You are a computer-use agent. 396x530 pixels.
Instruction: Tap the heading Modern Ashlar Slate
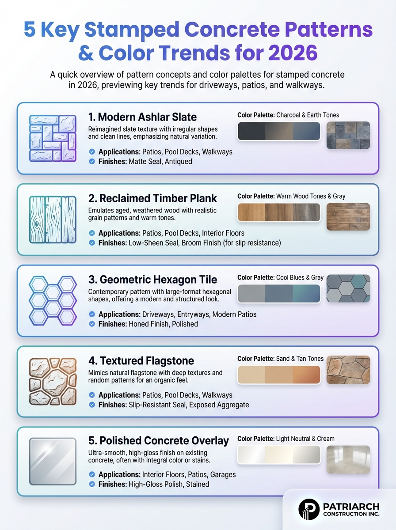pos(142,117)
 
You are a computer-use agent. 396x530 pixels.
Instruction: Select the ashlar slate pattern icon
pos(53,138)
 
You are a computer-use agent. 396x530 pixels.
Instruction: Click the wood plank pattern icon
pos(53,219)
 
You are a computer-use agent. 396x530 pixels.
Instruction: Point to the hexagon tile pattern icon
pos(53,301)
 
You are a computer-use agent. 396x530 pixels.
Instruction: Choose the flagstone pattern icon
pos(53,382)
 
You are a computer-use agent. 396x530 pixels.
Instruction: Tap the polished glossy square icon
pos(53,462)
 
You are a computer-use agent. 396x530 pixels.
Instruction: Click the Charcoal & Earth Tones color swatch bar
pos(279,131)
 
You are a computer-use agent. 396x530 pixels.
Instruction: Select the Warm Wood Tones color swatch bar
pos(279,212)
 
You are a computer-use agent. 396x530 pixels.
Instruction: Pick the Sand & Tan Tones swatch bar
pos(279,375)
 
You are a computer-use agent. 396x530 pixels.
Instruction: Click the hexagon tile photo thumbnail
pos(348,288)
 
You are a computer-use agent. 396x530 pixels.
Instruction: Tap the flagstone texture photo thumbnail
pos(348,370)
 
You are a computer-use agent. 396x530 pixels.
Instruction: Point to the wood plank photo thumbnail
pos(348,216)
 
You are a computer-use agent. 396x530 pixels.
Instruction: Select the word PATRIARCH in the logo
pos(351,506)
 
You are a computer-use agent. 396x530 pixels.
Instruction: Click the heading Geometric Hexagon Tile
pos(152,280)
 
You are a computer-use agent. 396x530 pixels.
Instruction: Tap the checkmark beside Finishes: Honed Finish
pos(92,324)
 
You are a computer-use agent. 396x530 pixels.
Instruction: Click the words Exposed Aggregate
pos(219,405)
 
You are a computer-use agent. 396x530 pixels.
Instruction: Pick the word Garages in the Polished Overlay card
pos(223,475)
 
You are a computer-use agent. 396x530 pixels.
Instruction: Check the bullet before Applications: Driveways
pos(92,314)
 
